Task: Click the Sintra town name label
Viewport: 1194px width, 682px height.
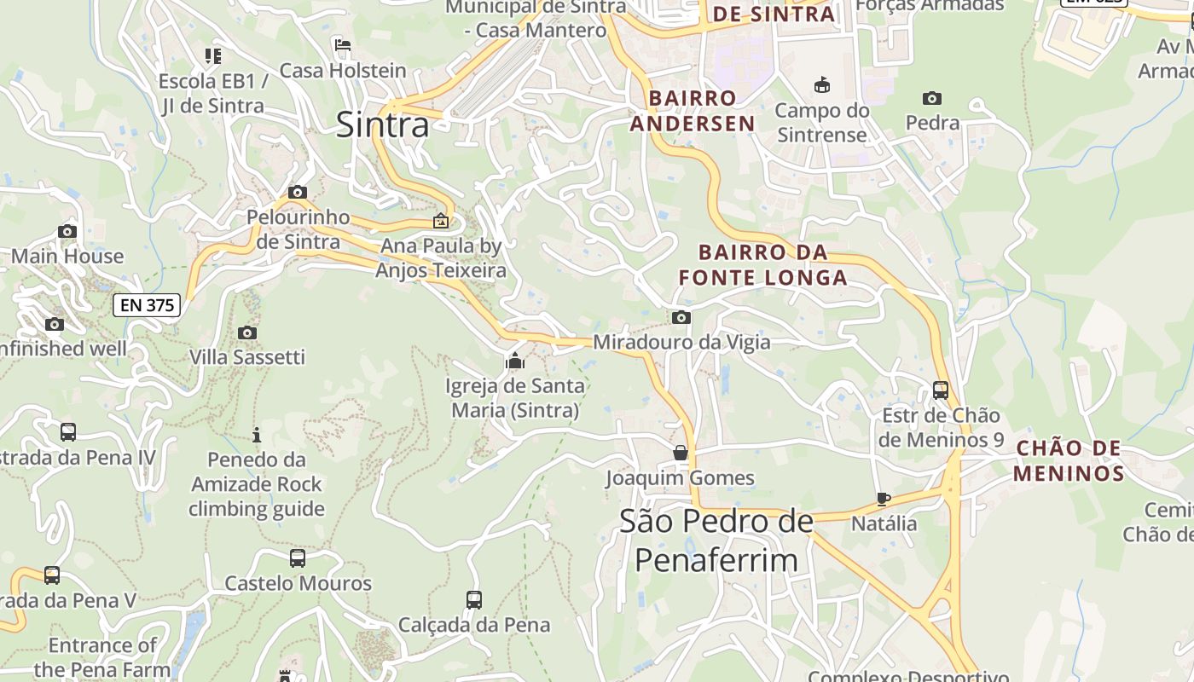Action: coord(382,124)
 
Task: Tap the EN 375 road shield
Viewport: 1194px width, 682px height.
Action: coord(147,304)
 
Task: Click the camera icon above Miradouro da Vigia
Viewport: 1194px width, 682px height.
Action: coord(681,318)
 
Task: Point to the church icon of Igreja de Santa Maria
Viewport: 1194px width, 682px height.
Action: coord(514,361)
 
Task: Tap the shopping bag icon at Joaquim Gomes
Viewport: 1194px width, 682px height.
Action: coord(681,452)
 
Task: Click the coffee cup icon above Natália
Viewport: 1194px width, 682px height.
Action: coord(884,499)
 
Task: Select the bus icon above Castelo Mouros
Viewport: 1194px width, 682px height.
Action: coord(298,558)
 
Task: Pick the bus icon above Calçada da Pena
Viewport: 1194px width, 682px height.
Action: coord(474,600)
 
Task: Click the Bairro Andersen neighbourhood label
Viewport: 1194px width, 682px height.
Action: coord(693,111)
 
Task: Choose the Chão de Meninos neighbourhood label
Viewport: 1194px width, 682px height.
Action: coord(1069,460)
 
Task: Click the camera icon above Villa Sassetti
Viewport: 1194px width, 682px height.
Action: coord(247,332)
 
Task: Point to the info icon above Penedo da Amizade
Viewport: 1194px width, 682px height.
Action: coord(257,436)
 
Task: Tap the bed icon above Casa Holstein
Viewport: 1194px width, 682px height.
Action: coord(343,45)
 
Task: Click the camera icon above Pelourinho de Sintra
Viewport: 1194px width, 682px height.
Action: coord(298,193)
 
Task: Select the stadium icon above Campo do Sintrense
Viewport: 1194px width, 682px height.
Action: coord(822,84)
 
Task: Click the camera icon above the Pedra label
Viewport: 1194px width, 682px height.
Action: coord(932,98)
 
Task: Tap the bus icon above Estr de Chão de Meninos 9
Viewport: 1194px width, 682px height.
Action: coord(941,390)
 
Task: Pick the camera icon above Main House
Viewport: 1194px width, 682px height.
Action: coord(67,231)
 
